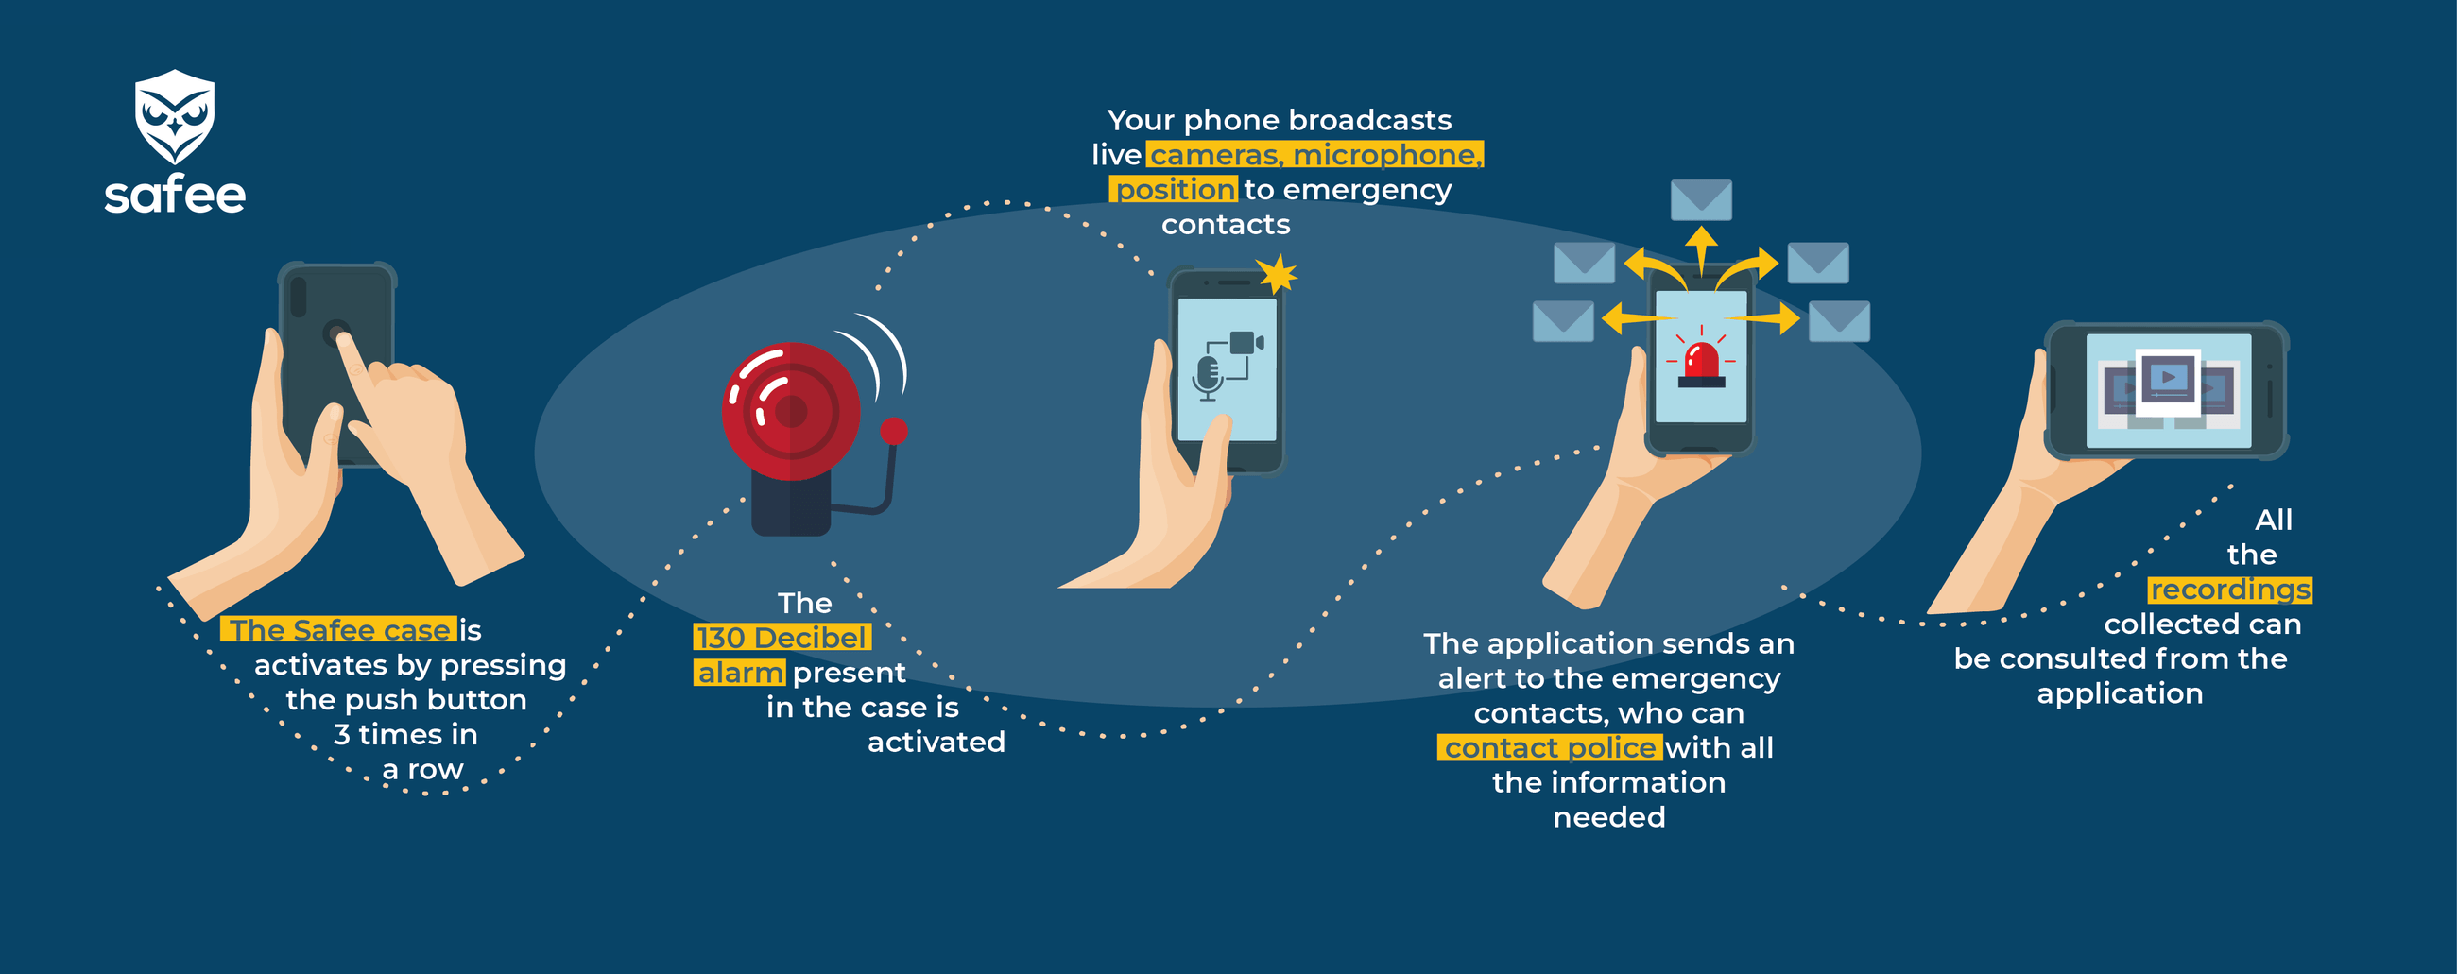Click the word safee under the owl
click(x=175, y=195)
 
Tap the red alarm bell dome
click(x=791, y=411)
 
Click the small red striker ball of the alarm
click(x=894, y=431)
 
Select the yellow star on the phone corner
click(x=1277, y=275)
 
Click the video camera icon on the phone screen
click(x=1246, y=343)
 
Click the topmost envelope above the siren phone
click(x=1702, y=199)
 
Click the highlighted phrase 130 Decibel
click(x=782, y=638)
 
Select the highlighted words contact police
click(x=1550, y=748)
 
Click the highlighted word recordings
click(x=2230, y=590)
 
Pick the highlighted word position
click(x=1174, y=189)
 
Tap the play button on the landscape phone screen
click(x=2169, y=378)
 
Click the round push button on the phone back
click(x=335, y=333)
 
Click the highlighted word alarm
click(x=740, y=673)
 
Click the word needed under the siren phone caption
click(x=1609, y=817)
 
